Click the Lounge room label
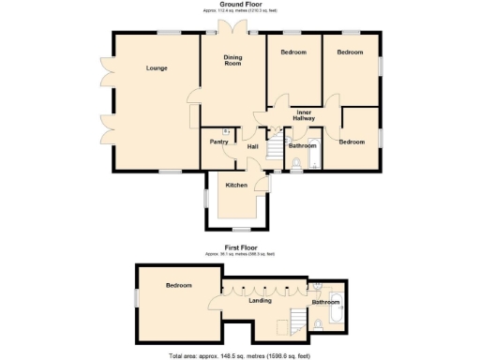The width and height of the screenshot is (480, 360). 157,68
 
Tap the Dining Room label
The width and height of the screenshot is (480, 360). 232,60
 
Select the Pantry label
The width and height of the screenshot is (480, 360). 218,142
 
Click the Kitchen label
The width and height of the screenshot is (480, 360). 236,185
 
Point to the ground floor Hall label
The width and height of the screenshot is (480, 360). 253,146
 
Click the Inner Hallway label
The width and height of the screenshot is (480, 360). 305,115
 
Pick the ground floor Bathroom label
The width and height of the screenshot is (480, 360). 302,145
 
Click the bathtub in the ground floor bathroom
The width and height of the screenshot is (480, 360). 315,150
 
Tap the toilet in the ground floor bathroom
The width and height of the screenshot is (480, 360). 296,165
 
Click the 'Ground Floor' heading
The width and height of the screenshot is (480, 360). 240,5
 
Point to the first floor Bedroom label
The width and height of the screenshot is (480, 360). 179,285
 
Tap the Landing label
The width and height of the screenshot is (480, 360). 260,301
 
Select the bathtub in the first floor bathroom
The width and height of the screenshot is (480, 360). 338,305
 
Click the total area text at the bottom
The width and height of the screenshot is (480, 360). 240,355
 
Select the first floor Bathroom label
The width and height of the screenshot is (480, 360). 324,302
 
